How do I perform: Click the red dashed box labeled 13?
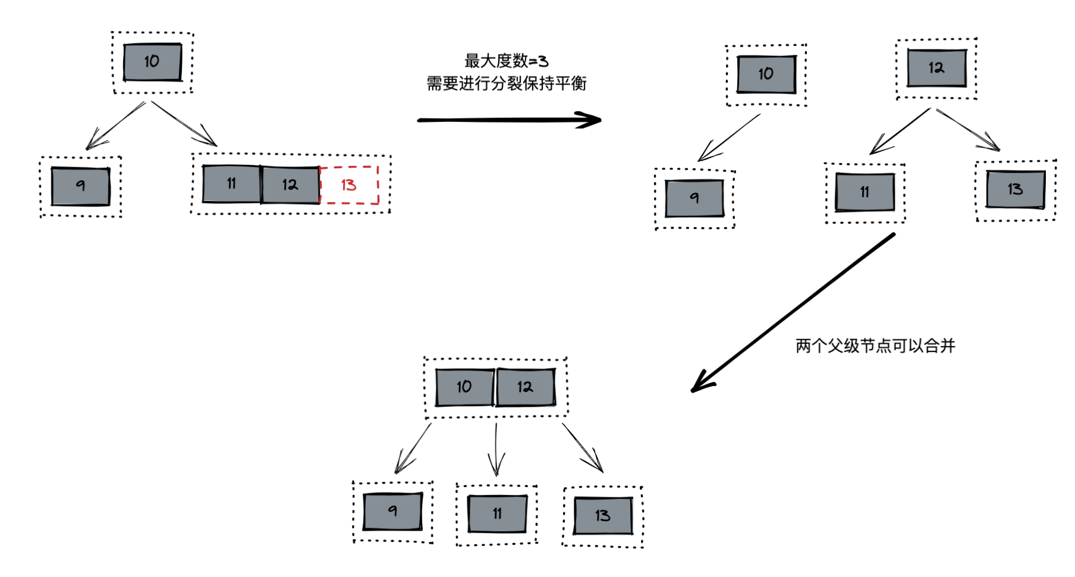(349, 185)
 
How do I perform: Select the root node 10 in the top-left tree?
(152, 62)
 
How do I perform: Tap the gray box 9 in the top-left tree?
(80, 186)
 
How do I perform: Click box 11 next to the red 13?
(231, 184)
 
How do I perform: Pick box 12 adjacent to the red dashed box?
(290, 185)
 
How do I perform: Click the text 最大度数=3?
(506, 61)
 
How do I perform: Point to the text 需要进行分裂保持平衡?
(506, 84)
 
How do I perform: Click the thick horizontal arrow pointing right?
(509, 120)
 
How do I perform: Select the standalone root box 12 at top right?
(936, 68)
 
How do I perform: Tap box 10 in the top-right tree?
(766, 74)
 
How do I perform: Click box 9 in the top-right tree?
(694, 198)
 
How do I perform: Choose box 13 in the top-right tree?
(1015, 189)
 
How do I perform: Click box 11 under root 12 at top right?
(865, 192)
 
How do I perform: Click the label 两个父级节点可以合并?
(875, 346)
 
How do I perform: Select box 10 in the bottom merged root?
(464, 387)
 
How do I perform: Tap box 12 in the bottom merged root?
(525, 387)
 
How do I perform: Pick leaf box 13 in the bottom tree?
(602, 516)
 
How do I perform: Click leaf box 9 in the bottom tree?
(392, 511)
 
